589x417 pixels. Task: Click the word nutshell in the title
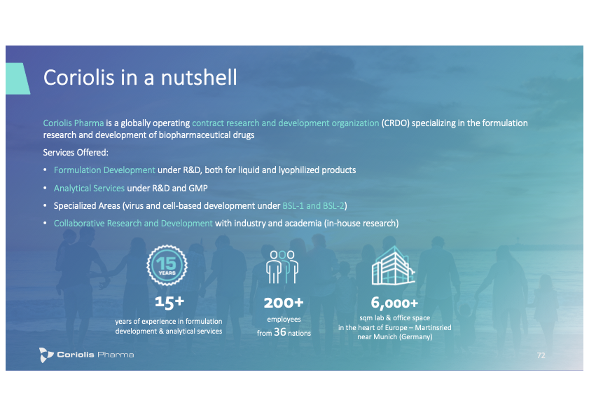[199, 78]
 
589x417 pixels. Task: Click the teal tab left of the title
[18, 78]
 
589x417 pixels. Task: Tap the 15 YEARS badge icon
[167, 265]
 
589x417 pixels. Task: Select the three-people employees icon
[282, 267]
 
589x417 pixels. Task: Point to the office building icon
[394, 266]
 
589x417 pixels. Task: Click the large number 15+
[169, 301]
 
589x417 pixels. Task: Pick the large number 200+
[284, 303]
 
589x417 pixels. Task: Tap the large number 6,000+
[394, 303]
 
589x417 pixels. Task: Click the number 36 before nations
[280, 332]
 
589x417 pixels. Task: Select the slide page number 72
[541, 355]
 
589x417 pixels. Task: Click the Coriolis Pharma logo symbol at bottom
[46, 355]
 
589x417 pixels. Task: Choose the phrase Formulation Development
[104, 170]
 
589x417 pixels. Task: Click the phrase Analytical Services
[89, 188]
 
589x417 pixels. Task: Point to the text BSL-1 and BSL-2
[313, 205]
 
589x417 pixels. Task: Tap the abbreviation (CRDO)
[395, 123]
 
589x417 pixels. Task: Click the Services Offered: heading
[76, 152]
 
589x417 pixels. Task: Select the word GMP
[198, 188]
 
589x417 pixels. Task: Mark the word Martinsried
[433, 327]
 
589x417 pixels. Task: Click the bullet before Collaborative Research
[45, 223]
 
